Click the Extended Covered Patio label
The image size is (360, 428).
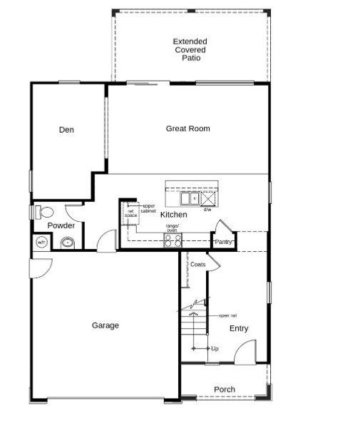point(190,50)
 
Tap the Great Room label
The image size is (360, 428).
point(187,128)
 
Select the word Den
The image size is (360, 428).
point(66,130)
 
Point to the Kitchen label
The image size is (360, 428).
point(173,215)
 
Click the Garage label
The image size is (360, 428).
point(105,325)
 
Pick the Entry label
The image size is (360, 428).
point(239,329)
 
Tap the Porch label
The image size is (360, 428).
point(225,389)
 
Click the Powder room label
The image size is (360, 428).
point(61,226)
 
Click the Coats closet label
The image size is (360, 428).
point(198,265)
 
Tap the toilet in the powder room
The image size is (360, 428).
point(44,211)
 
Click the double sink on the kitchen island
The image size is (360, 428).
point(190,198)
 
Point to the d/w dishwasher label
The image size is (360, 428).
point(207,210)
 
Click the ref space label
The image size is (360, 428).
point(131,213)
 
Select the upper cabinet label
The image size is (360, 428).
point(148,208)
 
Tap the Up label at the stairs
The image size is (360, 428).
point(215,348)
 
